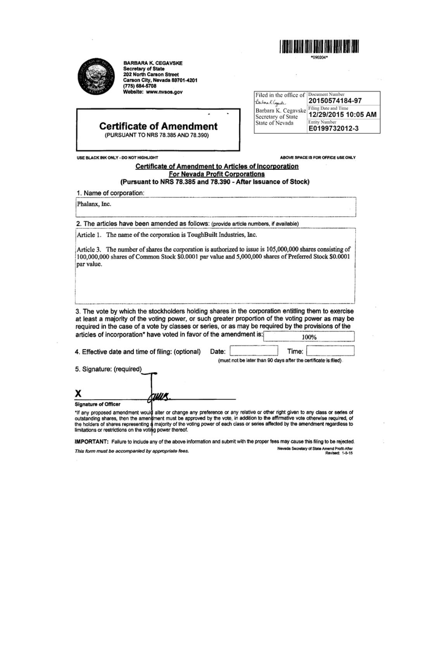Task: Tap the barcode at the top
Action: click(x=319, y=47)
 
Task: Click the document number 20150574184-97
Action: click(x=335, y=101)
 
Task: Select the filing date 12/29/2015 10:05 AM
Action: click(x=342, y=115)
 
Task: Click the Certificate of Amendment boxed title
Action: click(x=158, y=126)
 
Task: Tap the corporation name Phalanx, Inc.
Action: click(x=94, y=204)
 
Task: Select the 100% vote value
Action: click(x=309, y=337)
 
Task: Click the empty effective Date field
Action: click(x=254, y=351)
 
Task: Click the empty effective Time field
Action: click(x=330, y=351)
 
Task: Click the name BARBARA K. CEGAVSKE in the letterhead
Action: click(x=153, y=63)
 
